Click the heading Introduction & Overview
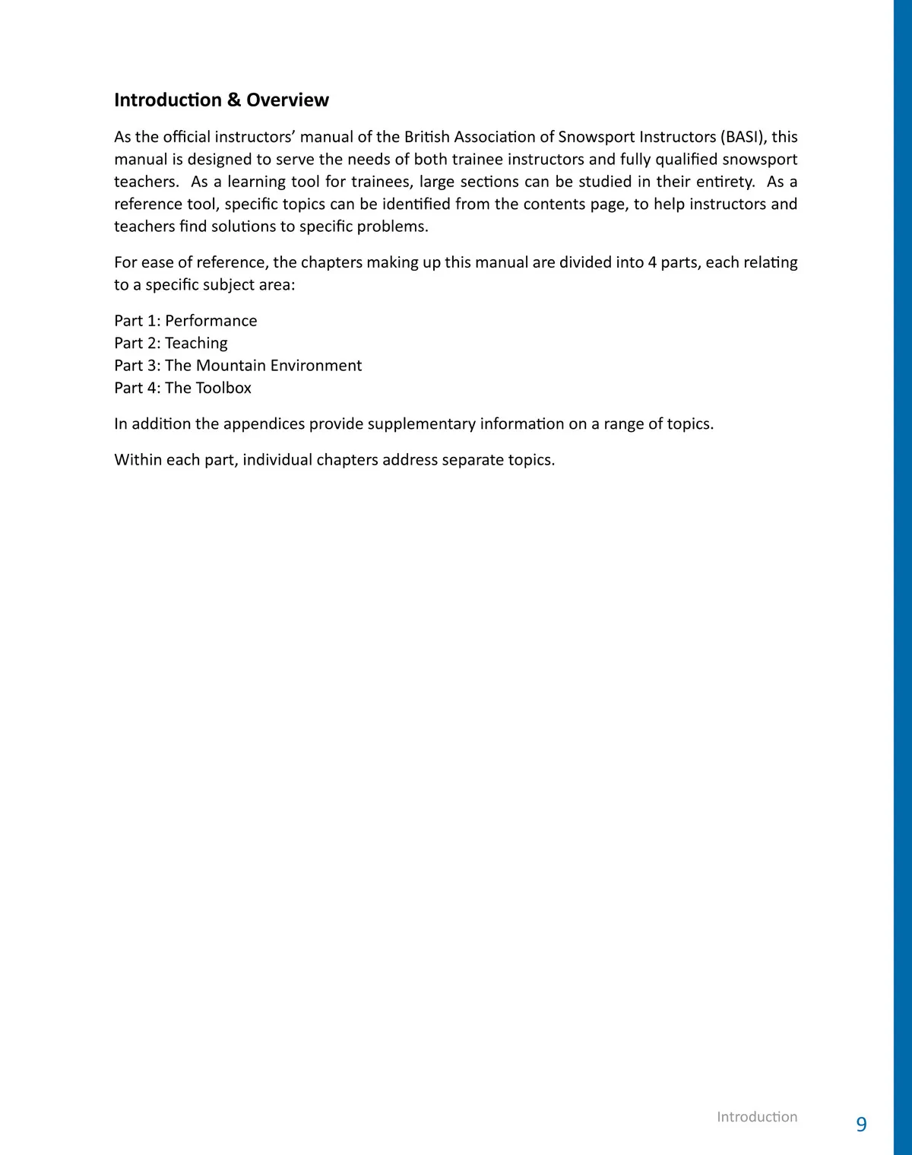coord(221,100)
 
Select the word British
coord(426,137)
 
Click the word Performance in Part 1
coord(211,321)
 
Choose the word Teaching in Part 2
coord(196,343)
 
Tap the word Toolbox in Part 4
coord(223,388)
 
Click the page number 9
coord(861,1124)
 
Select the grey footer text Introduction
coord(757,1116)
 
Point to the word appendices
coord(264,424)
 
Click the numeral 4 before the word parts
coord(652,262)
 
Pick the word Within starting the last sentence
coord(138,459)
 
